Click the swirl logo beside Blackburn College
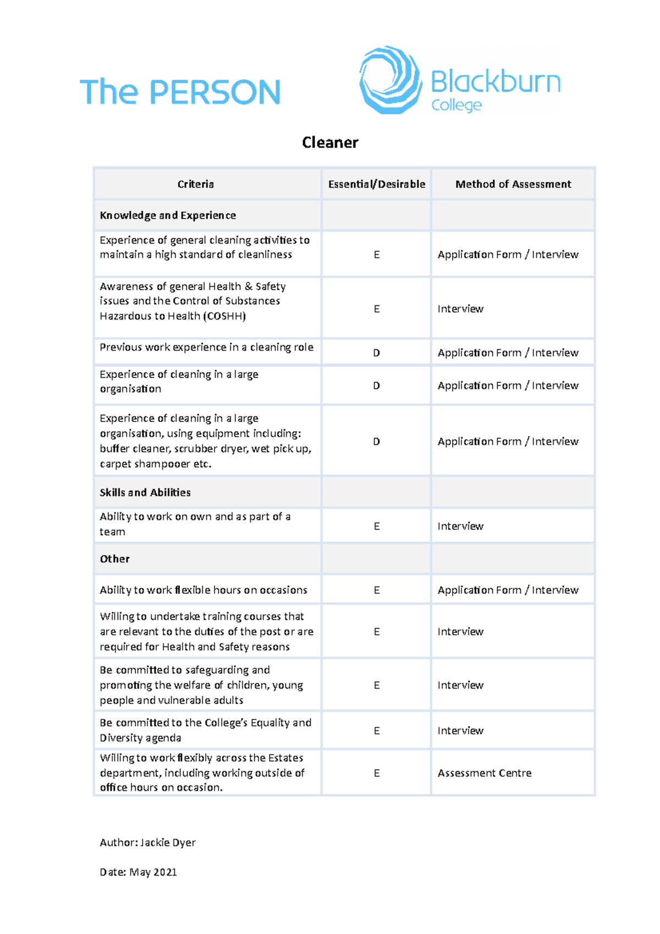(x=390, y=80)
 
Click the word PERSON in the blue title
(x=215, y=92)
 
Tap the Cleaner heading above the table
(x=330, y=142)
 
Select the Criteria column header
(x=195, y=184)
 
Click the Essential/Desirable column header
(x=377, y=184)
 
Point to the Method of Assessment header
(x=513, y=184)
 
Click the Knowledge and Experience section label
(x=168, y=216)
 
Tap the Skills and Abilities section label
(x=145, y=492)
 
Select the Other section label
(x=114, y=559)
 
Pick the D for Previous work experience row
(x=377, y=353)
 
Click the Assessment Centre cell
(x=485, y=773)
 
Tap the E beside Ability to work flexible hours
(x=377, y=590)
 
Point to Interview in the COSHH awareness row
(x=460, y=309)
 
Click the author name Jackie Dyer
(x=168, y=842)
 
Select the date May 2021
(x=153, y=872)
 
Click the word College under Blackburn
(x=457, y=105)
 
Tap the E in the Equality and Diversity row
(x=377, y=730)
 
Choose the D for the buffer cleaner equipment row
(x=377, y=441)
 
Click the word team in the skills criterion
(x=112, y=532)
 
